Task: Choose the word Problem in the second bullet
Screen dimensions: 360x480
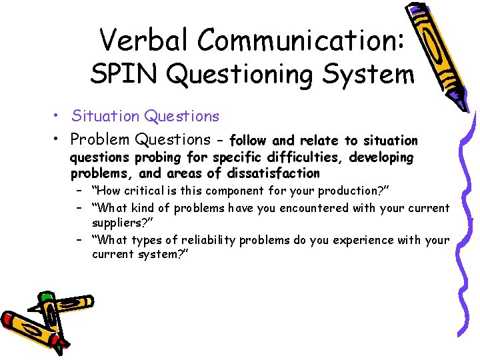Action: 100,139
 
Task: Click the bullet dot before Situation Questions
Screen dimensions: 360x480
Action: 59,117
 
